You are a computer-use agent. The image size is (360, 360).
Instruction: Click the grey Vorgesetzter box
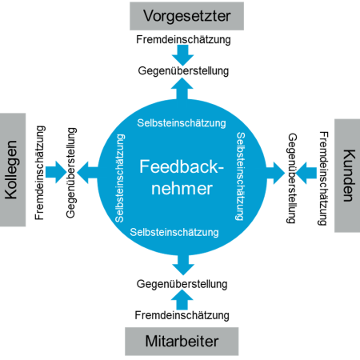click(182, 15)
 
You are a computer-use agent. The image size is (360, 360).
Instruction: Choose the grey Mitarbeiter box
click(182, 342)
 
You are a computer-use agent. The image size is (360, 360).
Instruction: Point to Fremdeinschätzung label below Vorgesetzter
click(183, 38)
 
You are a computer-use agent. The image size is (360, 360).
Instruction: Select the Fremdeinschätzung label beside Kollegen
click(42, 170)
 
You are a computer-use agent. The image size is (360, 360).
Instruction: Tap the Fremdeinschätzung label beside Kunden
click(322, 178)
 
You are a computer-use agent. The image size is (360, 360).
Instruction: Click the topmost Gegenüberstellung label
click(183, 70)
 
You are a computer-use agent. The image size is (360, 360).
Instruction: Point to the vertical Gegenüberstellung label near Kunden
click(292, 178)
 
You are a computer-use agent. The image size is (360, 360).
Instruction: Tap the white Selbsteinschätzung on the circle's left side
click(119, 178)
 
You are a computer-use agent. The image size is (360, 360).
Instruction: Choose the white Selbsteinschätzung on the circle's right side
click(241, 176)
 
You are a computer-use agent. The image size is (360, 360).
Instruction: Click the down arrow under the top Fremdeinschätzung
click(183, 54)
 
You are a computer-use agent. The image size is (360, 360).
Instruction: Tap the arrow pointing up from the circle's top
click(183, 90)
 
